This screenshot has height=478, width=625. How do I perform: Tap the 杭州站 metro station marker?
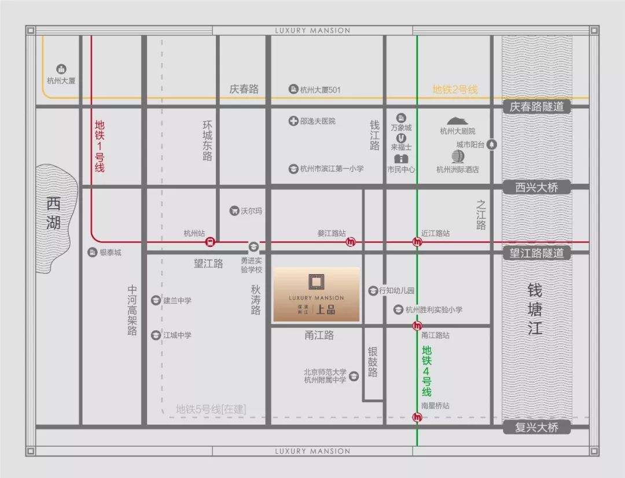(x=211, y=242)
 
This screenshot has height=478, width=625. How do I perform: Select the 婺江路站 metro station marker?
(x=351, y=242)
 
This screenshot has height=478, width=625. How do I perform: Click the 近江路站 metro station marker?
(x=417, y=242)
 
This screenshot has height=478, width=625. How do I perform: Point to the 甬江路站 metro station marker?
(x=417, y=326)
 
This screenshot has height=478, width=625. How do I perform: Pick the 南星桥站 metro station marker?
(x=417, y=417)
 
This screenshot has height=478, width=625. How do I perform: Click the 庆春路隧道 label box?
(x=532, y=107)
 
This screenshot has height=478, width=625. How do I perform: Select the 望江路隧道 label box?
(x=532, y=253)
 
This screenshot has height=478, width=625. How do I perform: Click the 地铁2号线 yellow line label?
(x=455, y=90)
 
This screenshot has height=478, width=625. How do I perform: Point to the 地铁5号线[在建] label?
(x=211, y=410)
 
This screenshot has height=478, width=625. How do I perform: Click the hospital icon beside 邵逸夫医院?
(x=293, y=121)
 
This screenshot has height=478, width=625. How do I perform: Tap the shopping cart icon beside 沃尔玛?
(x=234, y=211)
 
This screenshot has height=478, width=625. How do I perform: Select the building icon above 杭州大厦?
(x=61, y=69)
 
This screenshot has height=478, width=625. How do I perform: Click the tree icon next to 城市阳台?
(x=492, y=144)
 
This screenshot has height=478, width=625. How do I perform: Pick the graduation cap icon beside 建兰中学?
(x=155, y=300)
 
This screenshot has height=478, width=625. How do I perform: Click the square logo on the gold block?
(x=316, y=282)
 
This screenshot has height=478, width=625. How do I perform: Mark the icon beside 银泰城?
(x=92, y=252)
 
